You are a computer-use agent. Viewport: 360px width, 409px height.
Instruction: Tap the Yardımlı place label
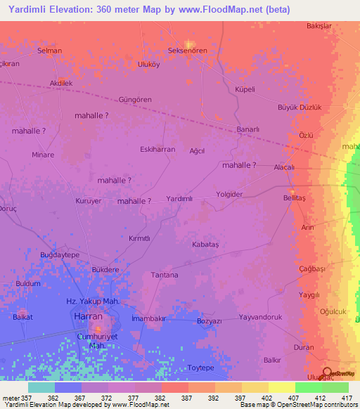(x=179, y=199)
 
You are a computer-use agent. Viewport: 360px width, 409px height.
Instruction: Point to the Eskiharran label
(x=157, y=149)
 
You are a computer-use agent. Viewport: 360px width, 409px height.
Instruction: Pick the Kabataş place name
(x=206, y=244)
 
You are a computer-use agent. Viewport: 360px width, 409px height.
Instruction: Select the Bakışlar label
(x=319, y=26)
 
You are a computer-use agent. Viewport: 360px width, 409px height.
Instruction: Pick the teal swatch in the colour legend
(x=41, y=387)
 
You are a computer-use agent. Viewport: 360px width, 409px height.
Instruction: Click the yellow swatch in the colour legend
(x=282, y=387)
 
